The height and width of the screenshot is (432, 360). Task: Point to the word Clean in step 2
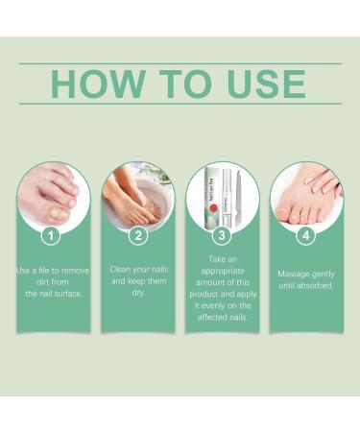pyautogui.click(x=123, y=271)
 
